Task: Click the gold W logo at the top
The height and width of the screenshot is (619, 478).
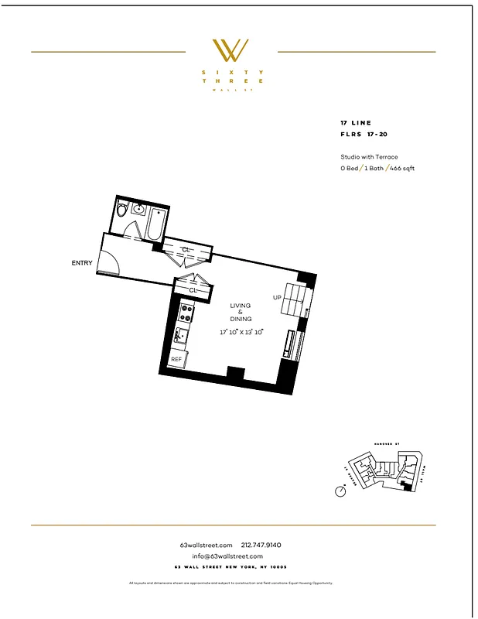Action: coord(230,50)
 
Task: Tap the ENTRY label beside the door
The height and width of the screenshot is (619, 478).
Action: coord(82,263)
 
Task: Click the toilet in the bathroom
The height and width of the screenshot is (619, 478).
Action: coord(121,210)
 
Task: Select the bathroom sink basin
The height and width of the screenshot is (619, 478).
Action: coord(138,208)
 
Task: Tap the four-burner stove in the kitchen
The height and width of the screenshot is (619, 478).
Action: coord(186,313)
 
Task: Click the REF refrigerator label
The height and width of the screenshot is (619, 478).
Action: coord(176,360)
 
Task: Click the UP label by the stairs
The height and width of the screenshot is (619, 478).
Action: coord(277,297)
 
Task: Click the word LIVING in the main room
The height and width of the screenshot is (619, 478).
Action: coord(241,306)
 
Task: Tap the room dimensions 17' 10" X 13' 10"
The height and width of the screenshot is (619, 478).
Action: coord(241,332)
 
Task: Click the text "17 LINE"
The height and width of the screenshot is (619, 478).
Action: coord(356,123)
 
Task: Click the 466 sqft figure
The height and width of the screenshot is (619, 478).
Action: coord(401,168)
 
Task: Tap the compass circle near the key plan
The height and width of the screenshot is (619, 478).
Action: coord(340,491)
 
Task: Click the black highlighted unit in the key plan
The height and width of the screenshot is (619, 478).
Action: coord(407,484)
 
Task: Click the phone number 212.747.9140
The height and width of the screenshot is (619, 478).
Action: coord(267,545)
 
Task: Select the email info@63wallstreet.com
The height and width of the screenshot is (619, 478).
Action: coord(227,556)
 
